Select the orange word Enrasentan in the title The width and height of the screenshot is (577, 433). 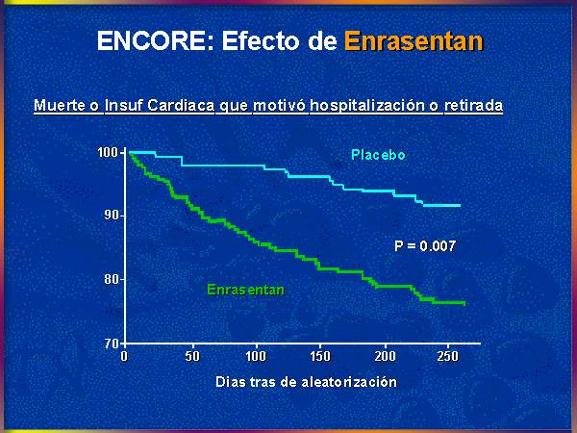click(414, 40)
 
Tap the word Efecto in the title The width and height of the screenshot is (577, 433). click(261, 40)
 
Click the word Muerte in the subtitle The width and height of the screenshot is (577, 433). click(60, 105)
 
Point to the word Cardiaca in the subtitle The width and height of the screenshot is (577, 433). click(181, 105)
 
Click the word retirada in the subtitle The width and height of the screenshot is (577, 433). click(473, 105)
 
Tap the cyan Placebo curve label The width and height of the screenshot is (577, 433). click(378, 155)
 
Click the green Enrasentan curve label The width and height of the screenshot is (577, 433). click(246, 290)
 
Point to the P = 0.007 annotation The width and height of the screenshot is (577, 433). click(425, 245)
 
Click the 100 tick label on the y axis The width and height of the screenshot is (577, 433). click(108, 152)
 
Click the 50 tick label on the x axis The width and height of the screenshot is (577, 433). click(192, 356)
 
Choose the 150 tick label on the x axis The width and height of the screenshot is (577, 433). click(320, 356)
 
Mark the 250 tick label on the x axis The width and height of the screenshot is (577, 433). click(448, 356)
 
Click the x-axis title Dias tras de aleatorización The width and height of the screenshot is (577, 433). click(306, 382)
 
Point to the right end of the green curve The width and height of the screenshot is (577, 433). click(464, 303)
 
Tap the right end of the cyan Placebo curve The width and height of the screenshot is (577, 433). click(460, 206)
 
